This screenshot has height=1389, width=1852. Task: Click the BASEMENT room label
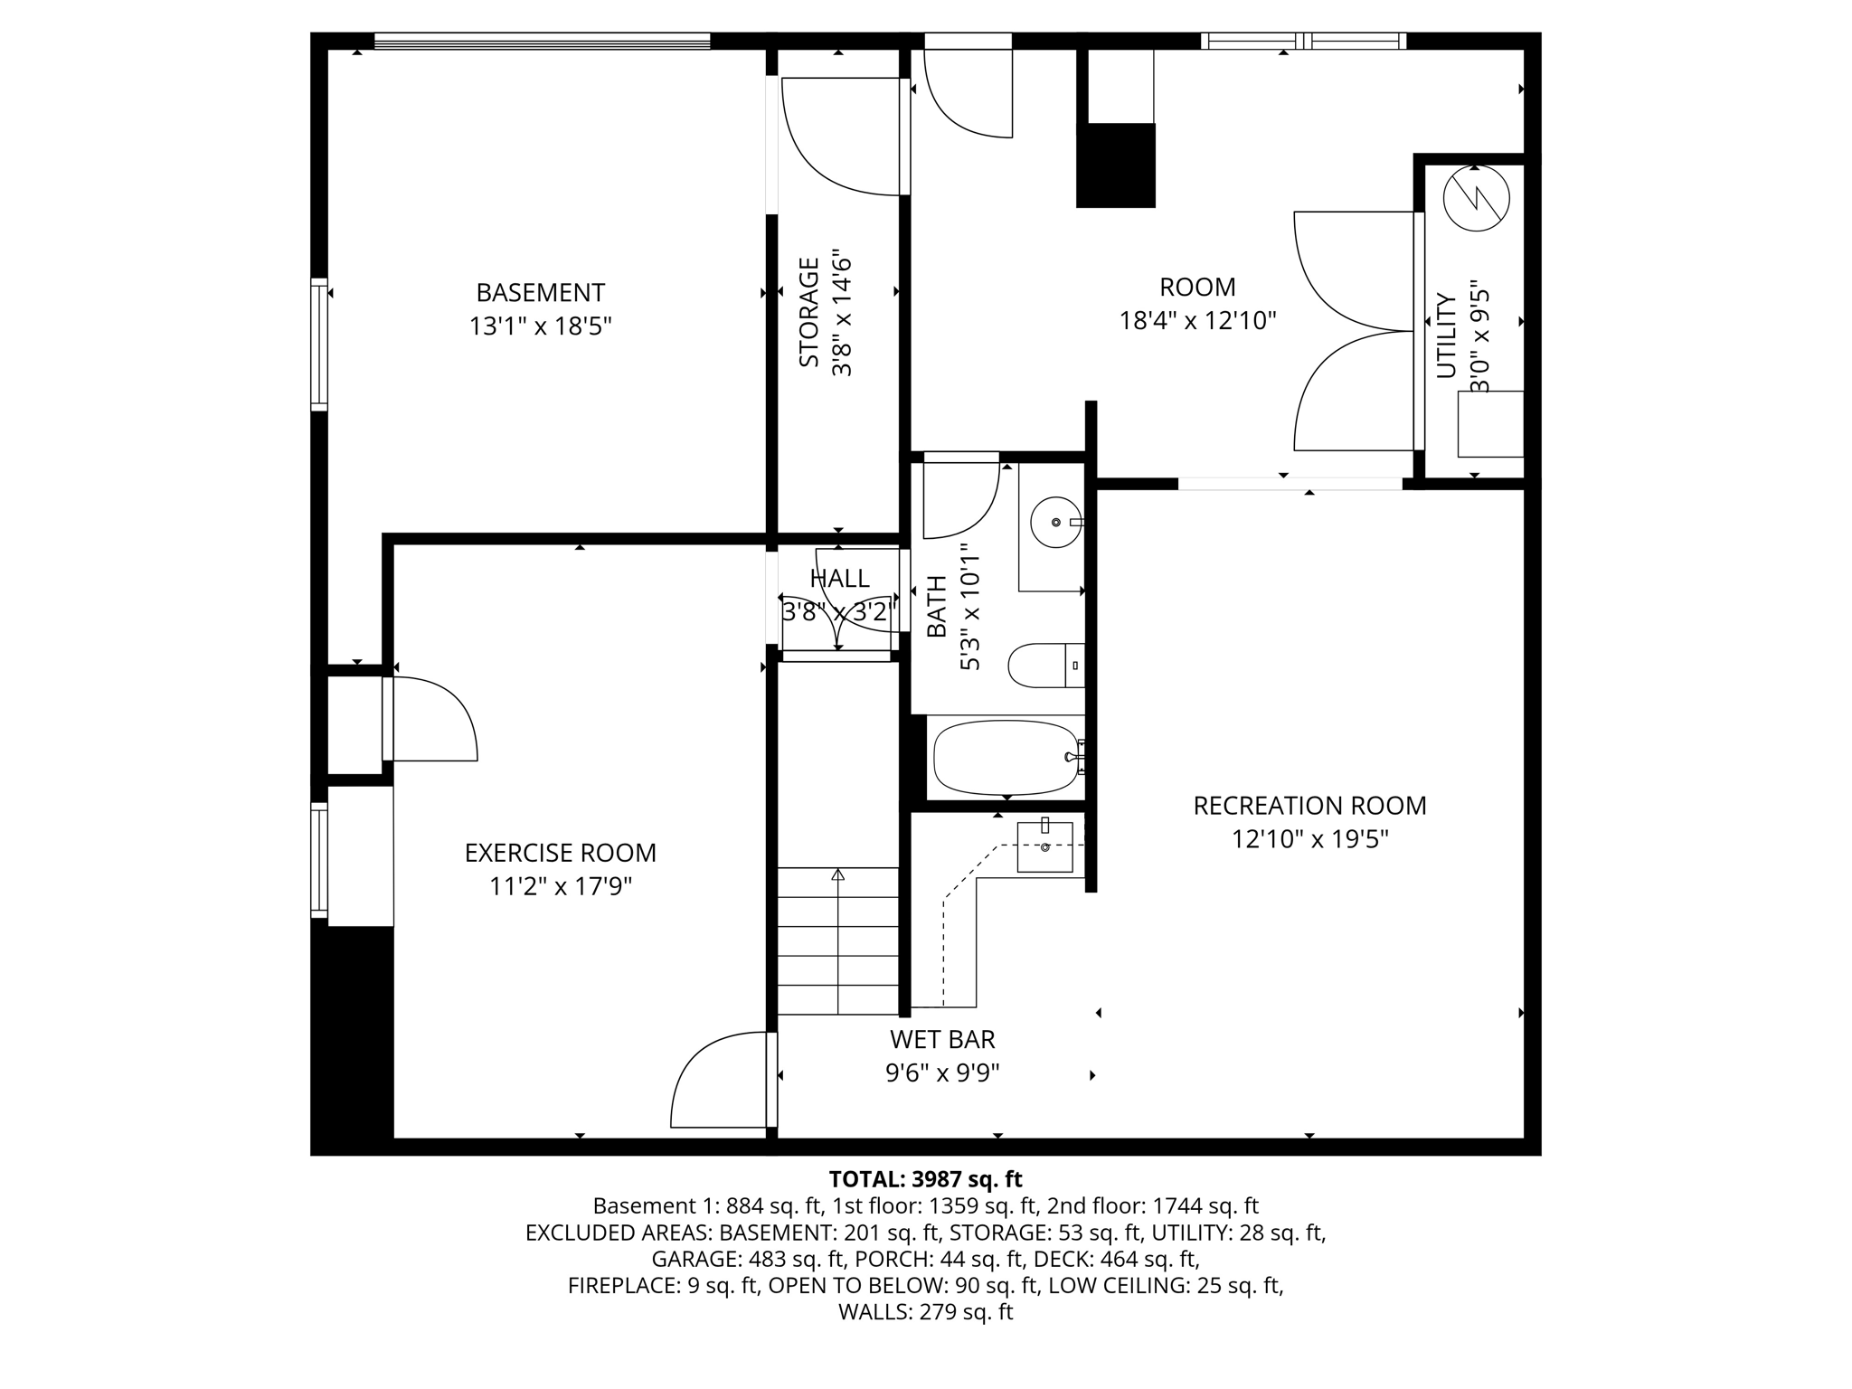click(540, 293)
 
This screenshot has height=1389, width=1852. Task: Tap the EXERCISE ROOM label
click(560, 853)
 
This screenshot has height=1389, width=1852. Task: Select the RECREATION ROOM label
click(1309, 806)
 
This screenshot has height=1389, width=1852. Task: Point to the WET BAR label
click(942, 1039)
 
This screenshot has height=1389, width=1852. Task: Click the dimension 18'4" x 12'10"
click(1197, 320)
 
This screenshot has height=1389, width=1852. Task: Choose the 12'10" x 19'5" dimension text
click(1309, 839)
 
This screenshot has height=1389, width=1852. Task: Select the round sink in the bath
click(1055, 522)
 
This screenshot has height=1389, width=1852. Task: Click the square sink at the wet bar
click(1044, 847)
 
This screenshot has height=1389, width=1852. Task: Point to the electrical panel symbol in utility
click(1476, 198)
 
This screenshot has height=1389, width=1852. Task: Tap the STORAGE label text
click(809, 312)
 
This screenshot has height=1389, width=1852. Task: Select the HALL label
click(839, 579)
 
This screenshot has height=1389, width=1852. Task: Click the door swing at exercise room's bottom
click(719, 1082)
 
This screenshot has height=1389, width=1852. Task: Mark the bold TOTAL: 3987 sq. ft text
click(925, 1179)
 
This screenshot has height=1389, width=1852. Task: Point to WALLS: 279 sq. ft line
click(925, 1312)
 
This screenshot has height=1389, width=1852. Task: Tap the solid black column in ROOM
click(1116, 165)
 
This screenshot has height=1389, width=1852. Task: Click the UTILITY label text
click(1447, 335)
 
